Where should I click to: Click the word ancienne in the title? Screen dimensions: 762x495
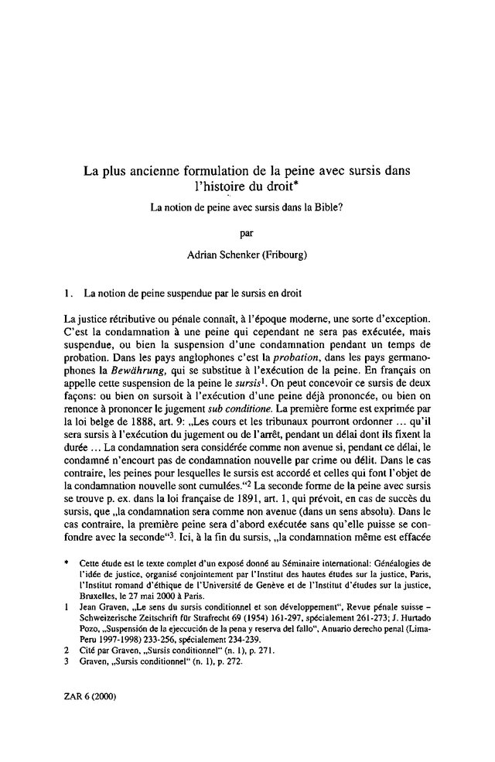pyautogui.click(x=156, y=169)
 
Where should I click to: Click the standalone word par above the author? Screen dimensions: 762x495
pyautogui.click(x=246, y=231)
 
